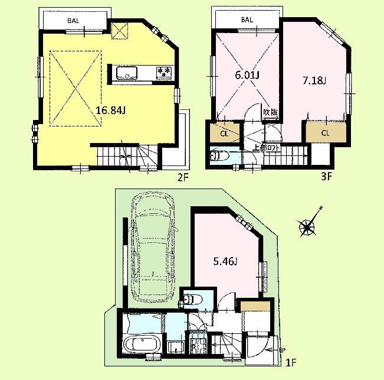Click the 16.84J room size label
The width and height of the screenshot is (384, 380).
110,109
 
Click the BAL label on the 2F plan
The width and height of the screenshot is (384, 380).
73,20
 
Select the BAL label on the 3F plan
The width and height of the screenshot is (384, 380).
247,20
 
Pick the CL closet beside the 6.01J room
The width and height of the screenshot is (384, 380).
224,133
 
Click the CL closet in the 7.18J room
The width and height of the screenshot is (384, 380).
324,132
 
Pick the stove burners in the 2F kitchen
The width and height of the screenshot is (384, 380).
165,72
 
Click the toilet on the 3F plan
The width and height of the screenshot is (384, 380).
219,157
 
